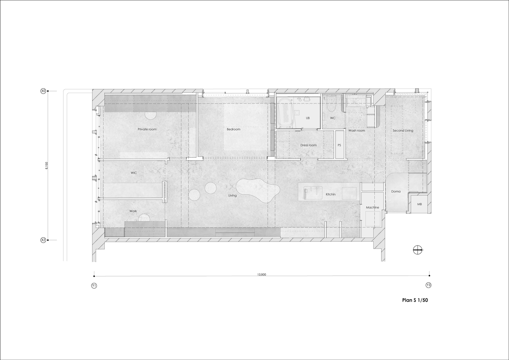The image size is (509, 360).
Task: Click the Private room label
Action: pyautogui.click(x=147, y=129)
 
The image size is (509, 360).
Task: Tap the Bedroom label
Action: pyautogui.click(x=233, y=129)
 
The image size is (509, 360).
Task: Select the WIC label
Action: pyautogui.click(x=134, y=173)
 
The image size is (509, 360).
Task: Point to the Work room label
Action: pyautogui.click(x=133, y=211)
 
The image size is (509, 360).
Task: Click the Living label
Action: pyautogui.click(x=233, y=195)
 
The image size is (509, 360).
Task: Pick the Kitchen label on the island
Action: pyautogui.click(x=330, y=194)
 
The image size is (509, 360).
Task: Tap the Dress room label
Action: pyautogui.click(x=308, y=145)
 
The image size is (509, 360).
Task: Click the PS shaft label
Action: pyautogui.click(x=339, y=145)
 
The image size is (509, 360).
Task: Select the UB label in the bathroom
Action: pyautogui.click(x=308, y=118)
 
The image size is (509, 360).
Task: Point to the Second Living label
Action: pyautogui.click(x=403, y=131)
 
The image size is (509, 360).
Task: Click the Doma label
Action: pyautogui.click(x=396, y=192)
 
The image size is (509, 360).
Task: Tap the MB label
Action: pyautogui.click(x=419, y=204)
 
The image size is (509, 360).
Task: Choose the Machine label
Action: pyautogui.click(x=372, y=207)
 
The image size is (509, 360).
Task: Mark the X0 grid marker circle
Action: pyautogui.click(x=43, y=91)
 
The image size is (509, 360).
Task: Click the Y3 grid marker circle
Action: pyautogui.click(x=428, y=285)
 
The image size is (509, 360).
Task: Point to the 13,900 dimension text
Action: pyautogui.click(x=262, y=275)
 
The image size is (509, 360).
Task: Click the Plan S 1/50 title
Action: pyautogui.click(x=415, y=300)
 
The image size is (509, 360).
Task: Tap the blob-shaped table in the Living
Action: pyautogui.click(x=257, y=190)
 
